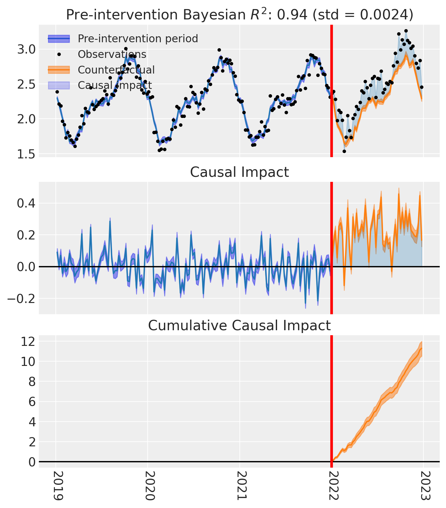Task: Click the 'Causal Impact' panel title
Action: (239, 172)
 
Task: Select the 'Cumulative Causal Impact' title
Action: (239, 326)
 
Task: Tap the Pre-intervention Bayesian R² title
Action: (239, 15)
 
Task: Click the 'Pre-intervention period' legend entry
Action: (138, 39)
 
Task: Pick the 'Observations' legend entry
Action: (112, 54)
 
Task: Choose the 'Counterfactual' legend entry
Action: (116, 70)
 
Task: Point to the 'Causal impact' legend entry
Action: (115, 85)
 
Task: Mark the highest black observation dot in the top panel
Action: (406, 31)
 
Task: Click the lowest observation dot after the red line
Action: (344, 151)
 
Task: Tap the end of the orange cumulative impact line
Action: (422, 348)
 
